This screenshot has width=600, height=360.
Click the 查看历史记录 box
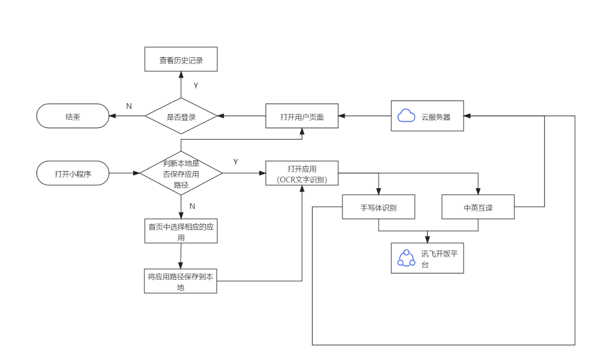(181, 60)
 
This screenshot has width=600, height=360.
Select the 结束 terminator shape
(73, 116)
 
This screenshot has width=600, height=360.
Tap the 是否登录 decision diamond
(181, 116)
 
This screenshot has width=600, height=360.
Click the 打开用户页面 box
(301, 116)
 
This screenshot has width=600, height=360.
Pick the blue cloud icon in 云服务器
(406, 116)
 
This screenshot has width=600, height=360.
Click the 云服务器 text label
(436, 117)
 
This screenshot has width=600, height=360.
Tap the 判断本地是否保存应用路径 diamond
(181, 173)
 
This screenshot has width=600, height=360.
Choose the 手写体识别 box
(378, 207)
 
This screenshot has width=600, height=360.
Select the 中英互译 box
(478, 207)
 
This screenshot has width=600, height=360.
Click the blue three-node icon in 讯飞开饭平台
(406, 258)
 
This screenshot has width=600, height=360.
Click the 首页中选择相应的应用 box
(181, 232)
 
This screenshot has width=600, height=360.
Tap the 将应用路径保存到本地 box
(180, 281)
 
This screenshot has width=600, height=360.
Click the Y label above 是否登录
(196, 86)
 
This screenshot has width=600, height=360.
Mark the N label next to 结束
(129, 106)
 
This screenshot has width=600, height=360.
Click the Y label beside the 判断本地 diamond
(235, 162)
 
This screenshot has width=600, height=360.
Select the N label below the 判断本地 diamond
(192, 206)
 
